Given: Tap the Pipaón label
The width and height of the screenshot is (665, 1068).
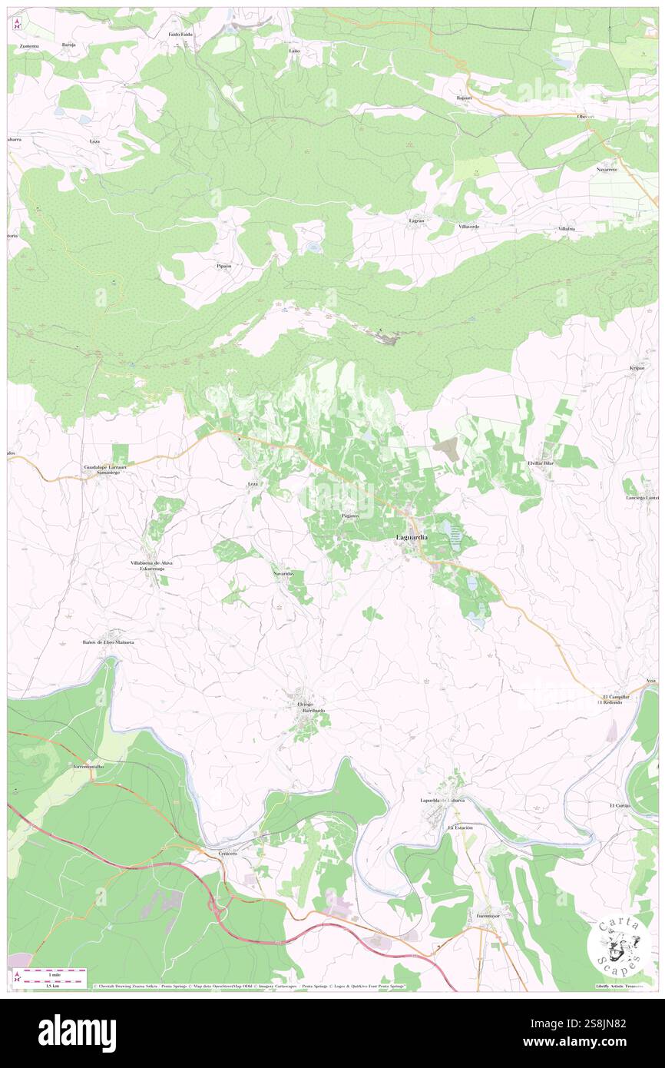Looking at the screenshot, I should (x=223, y=266).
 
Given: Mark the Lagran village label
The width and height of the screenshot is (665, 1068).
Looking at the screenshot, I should (x=416, y=221).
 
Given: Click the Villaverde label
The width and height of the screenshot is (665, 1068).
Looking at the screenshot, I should (x=468, y=227).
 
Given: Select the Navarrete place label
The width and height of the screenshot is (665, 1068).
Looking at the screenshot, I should (x=607, y=168).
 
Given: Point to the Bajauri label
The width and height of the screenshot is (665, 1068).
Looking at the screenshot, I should (x=463, y=98).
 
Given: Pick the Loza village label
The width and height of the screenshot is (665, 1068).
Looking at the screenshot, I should (x=95, y=142).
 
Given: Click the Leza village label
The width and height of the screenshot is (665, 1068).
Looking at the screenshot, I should (x=253, y=484).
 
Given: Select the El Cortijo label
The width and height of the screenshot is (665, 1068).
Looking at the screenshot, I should (x=620, y=805).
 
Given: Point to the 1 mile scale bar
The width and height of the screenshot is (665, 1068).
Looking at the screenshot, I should (x=48, y=973).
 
